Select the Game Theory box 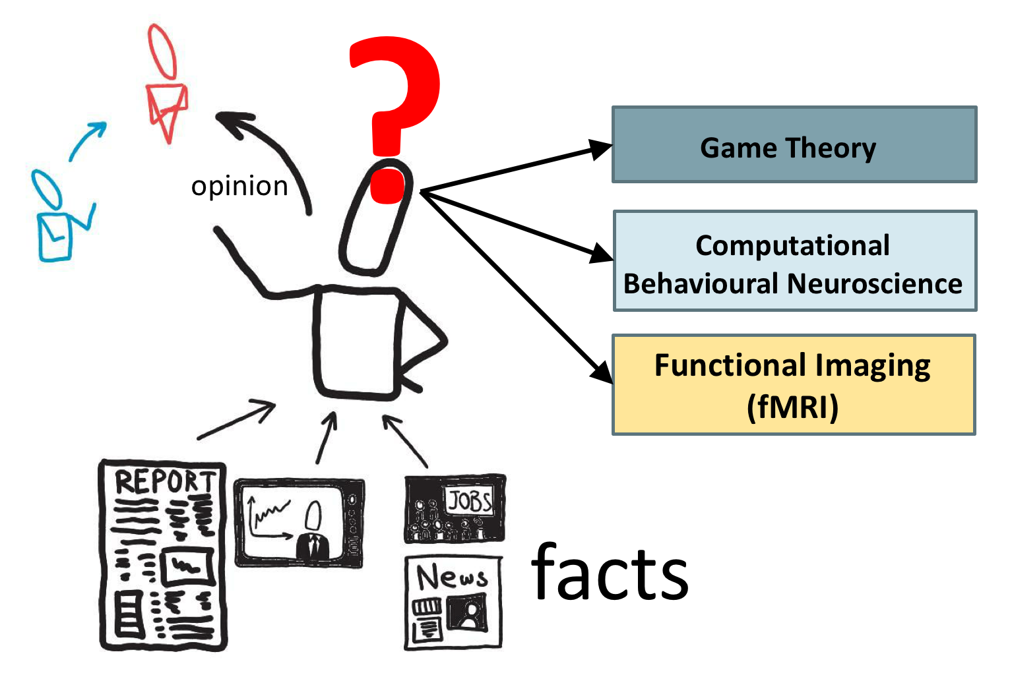pos(794,144)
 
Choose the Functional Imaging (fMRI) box pos(794,385)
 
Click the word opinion pos(239,187)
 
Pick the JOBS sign pos(470,502)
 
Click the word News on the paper pos(452,577)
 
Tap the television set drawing pos(299,523)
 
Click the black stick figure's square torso pos(356,343)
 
